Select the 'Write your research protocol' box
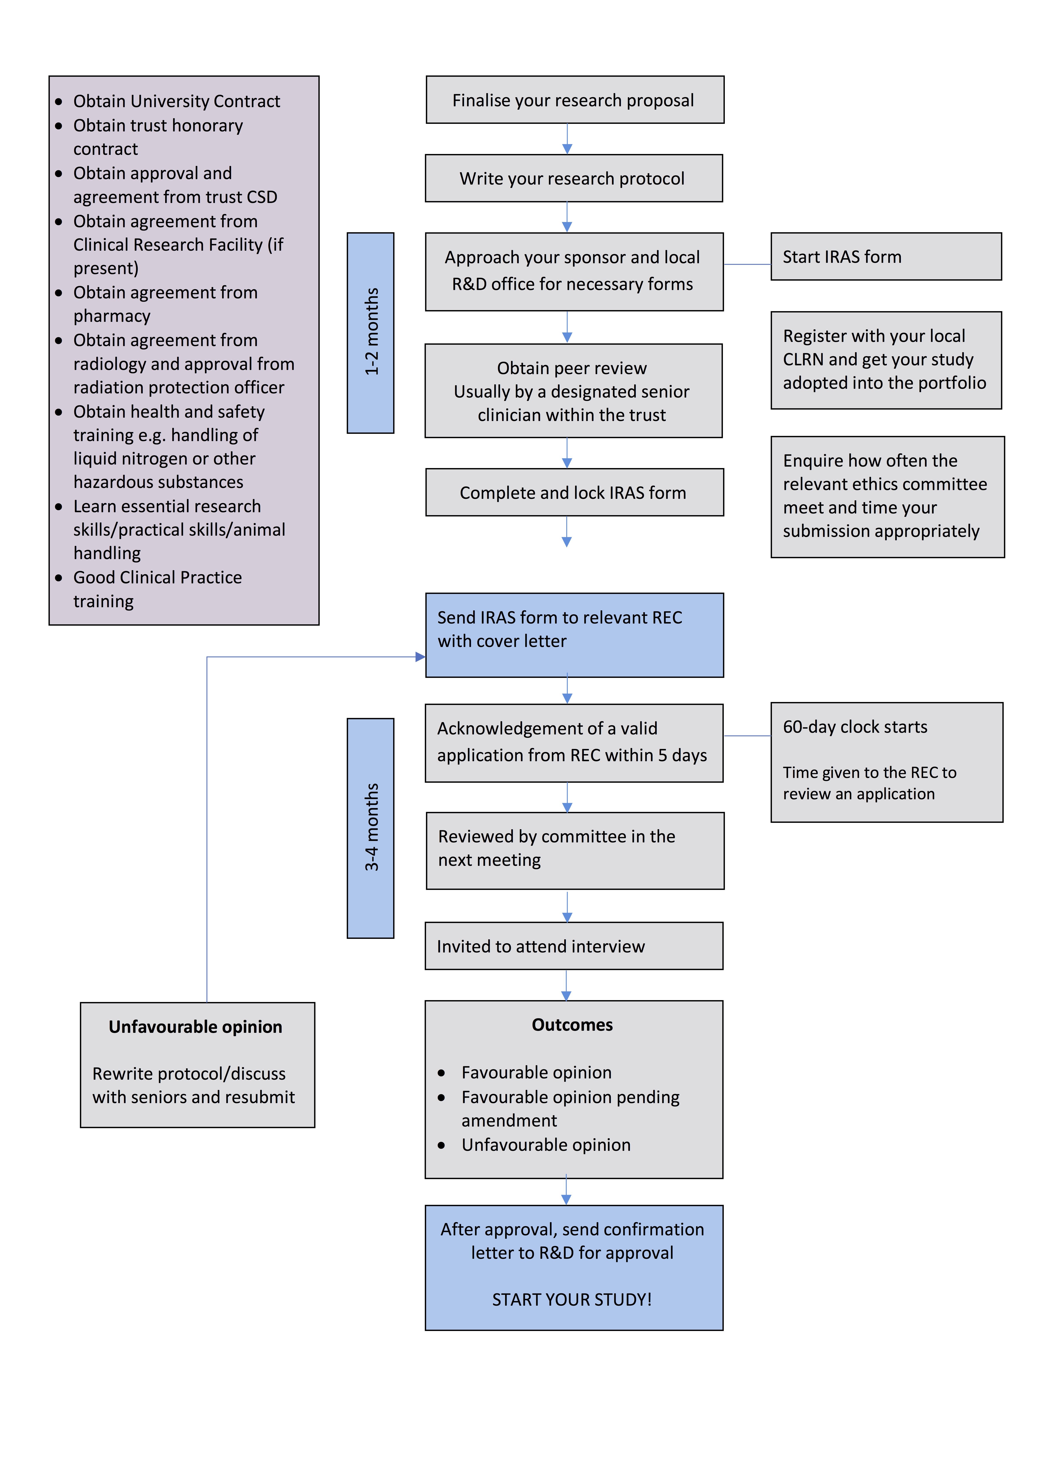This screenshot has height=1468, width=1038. [x=573, y=178]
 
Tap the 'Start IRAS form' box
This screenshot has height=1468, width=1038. [x=886, y=256]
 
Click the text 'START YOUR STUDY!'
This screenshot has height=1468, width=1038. [x=572, y=1299]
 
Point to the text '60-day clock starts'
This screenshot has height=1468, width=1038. [x=855, y=727]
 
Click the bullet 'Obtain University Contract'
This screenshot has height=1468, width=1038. [x=176, y=101]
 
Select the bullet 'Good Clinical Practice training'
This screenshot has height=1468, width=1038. [x=157, y=589]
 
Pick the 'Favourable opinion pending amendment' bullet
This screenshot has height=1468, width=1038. [x=570, y=1108]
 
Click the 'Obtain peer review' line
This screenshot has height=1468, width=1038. [x=572, y=368]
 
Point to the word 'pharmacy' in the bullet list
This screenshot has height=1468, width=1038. [x=112, y=316]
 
